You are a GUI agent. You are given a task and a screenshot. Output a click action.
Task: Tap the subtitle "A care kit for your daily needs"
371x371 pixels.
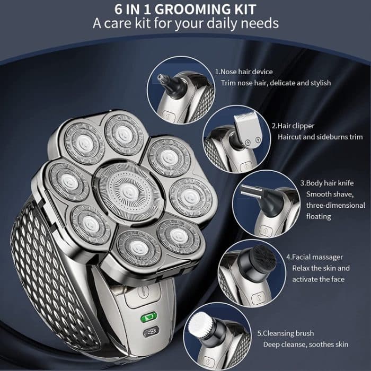point(185,24)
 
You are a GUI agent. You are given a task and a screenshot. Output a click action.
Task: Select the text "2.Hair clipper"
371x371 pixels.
point(293,126)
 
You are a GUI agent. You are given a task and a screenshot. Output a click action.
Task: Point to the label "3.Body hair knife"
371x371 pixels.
point(326,183)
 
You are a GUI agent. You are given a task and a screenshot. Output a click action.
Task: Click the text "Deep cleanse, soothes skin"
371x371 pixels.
point(306,344)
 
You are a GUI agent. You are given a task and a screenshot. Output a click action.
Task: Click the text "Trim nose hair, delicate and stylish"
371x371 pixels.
point(276,83)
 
